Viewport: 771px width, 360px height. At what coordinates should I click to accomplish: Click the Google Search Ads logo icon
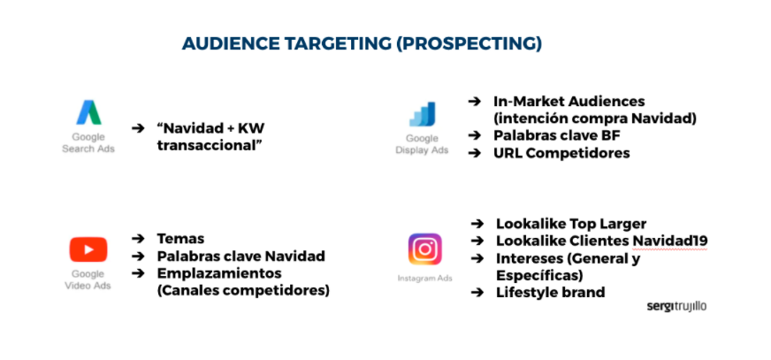pos(88,112)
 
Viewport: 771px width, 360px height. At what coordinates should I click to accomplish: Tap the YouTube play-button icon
pos(88,249)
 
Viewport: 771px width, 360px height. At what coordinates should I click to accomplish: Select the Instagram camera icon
pos(424,249)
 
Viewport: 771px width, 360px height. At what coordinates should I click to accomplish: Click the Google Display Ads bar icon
pos(422,114)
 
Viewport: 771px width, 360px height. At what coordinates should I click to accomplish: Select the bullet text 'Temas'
pos(180,239)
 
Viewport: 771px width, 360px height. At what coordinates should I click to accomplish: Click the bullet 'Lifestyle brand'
pos(550,293)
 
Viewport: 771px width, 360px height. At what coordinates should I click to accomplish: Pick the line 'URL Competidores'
pos(561,153)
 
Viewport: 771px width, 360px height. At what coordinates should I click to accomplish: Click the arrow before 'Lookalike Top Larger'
pos(477,224)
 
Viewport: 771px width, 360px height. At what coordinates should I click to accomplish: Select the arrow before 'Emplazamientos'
pos(138,272)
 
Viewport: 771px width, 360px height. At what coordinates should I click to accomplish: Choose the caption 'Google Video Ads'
pos(88,280)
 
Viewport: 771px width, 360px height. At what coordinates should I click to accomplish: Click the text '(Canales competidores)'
pos(242,290)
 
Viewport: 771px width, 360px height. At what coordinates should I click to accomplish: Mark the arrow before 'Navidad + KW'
pos(138,128)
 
